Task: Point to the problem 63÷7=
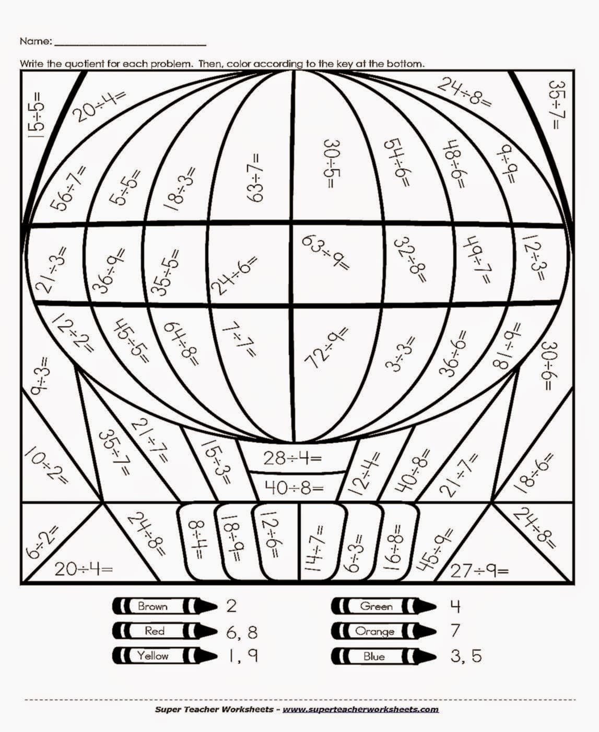coord(256,177)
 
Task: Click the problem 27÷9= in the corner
coord(479,571)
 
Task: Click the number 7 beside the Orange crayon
coord(455,631)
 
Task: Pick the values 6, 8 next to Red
coord(242,632)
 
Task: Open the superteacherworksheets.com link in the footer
coord(360,709)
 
